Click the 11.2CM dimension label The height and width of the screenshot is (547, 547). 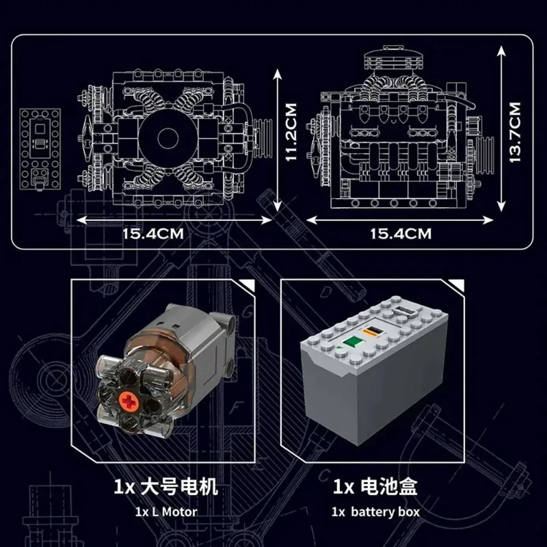[292, 133]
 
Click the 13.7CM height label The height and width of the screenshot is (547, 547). [515, 131]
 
